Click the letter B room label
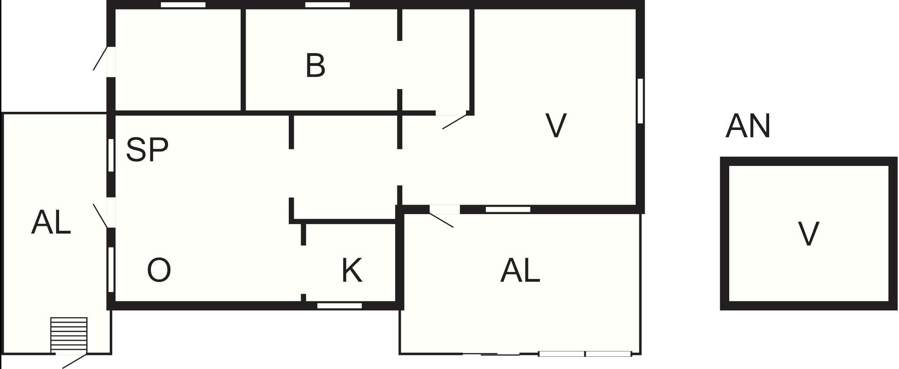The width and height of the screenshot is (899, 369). click(x=316, y=65)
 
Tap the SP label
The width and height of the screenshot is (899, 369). click(x=147, y=149)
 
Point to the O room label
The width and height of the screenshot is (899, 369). click(x=159, y=270)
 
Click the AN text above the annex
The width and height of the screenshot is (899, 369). click(x=748, y=126)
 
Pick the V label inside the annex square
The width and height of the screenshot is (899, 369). click(x=809, y=234)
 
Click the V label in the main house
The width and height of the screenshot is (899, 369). click(x=556, y=125)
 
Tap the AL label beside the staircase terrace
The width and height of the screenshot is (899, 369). click(x=51, y=223)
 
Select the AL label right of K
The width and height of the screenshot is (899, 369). click(x=520, y=271)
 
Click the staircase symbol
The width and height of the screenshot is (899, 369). click(x=69, y=334)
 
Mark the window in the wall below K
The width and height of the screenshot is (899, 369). click(x=340, y=306)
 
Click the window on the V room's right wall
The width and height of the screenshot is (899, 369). click(x=640, y=101)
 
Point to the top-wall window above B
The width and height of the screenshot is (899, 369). click(x=327, y=5)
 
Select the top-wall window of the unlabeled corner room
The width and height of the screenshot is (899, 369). click(x=183, y=5)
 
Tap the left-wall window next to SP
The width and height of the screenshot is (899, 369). click(x=111, y=155)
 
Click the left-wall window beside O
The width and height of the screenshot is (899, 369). click(x=111, y=269)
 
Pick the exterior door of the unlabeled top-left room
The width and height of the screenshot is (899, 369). click(x=104, y=59)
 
